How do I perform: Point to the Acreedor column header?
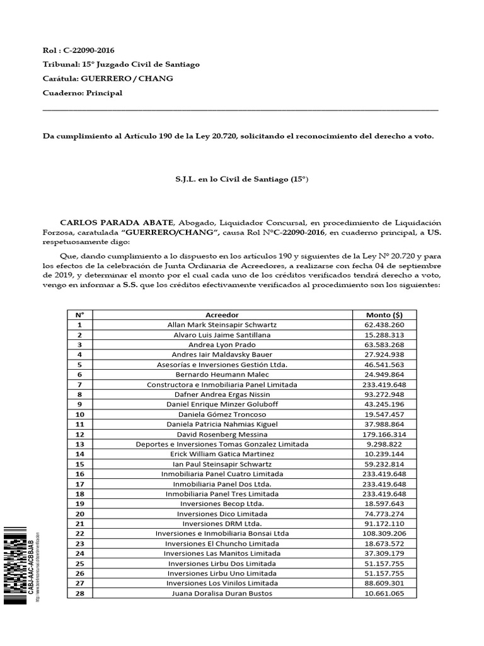coord(222,314)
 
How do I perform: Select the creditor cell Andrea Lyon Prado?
coord(222,344)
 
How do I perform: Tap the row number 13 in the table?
coord(79,444)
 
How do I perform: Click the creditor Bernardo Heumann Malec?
coord(222,375)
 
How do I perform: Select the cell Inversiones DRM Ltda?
coord(222,524)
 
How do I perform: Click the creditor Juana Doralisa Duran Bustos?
coord(222,594)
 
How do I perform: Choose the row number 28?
coord(79,594)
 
